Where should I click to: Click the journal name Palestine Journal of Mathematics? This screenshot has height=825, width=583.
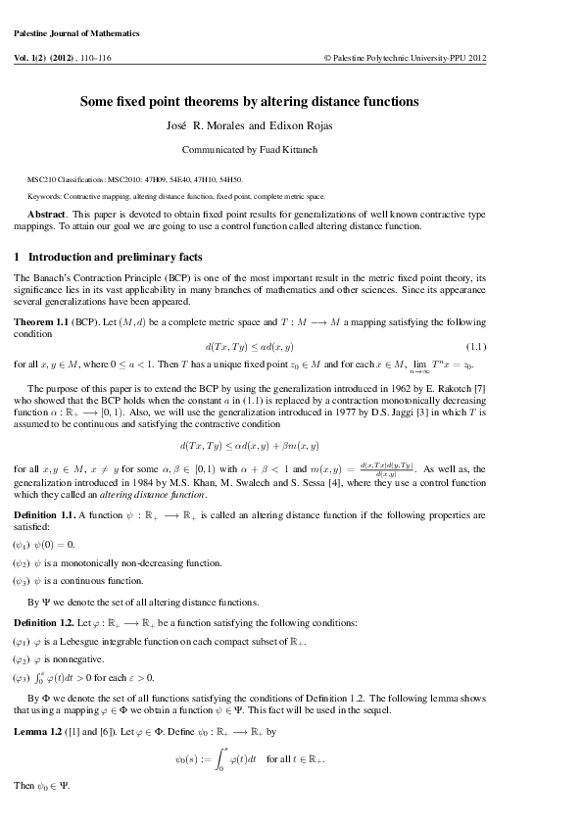click(x=77, y=32)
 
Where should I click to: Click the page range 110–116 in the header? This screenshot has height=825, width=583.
click(x=125, y=58)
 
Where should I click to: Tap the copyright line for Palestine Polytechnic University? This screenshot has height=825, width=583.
click(x=405, y=58)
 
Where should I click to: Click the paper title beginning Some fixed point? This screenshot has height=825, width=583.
click(x=249, y=101)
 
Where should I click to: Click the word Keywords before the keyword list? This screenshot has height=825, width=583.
click(x=46, y=197)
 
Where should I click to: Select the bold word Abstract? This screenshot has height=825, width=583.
click(x=46, y=213)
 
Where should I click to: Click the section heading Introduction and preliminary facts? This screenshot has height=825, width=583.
click(x=116, y=258)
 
